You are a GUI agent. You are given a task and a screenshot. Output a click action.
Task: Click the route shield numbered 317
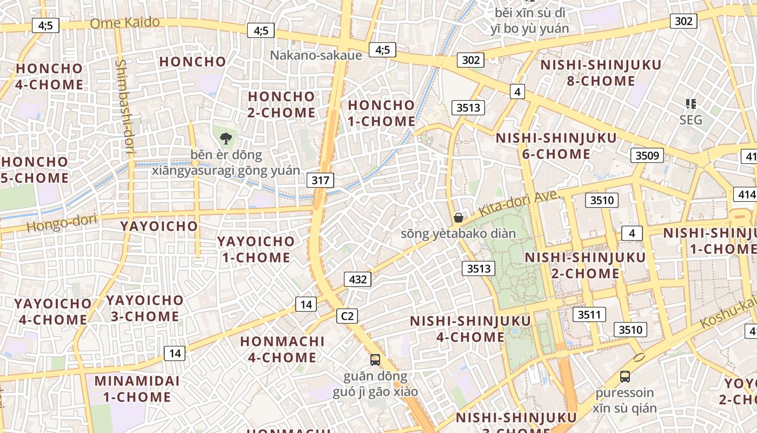pos(320,180)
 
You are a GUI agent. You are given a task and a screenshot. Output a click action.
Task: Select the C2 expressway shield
pos(347,316)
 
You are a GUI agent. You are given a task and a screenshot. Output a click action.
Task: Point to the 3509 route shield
pos(647,156)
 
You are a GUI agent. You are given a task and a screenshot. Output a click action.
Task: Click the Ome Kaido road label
pos(125,23)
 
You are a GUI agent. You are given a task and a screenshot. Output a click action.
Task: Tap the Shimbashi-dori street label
pos(123,107)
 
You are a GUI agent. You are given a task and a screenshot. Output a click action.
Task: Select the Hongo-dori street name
pos(61,222)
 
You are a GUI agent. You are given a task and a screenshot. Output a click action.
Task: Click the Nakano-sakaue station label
pos(316,55)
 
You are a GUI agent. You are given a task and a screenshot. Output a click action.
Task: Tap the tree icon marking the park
pos(225,138)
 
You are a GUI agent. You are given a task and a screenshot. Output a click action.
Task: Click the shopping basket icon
pos(459,218)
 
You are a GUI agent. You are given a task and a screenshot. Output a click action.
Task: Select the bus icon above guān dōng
pos(375,359)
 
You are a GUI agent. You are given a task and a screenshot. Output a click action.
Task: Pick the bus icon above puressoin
pos(625,376)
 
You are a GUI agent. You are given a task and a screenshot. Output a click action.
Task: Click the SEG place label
pos(690,120)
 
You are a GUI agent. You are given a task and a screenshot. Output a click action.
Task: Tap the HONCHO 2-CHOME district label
pos(281,104)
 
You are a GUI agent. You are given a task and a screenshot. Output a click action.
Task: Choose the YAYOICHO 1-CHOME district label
pos(256,249)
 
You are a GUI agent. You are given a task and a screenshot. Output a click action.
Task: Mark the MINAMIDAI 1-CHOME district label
pos(137,389)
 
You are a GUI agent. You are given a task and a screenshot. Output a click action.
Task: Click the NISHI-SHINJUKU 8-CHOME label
pos(601,73)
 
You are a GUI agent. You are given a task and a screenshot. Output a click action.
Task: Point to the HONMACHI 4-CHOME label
pos(282,349)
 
